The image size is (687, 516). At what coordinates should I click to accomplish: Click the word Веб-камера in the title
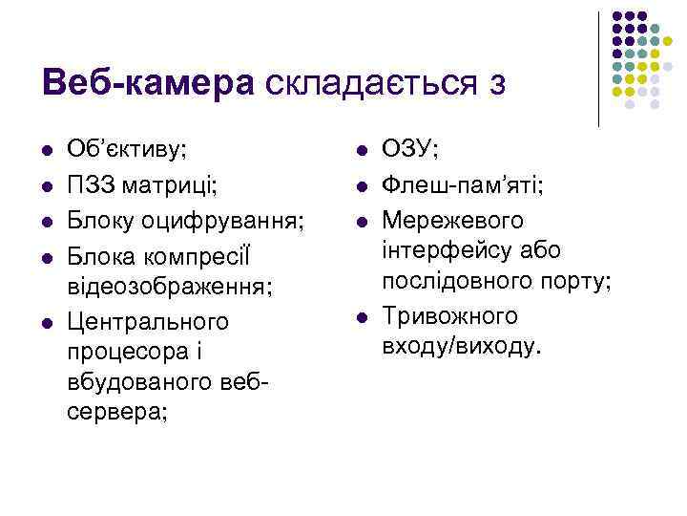(x=149, y=82)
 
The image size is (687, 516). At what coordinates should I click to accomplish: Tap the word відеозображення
(x=167, y=286)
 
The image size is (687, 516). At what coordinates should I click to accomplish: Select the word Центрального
(x=148, y=320)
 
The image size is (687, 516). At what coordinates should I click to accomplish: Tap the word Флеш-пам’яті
(x=461, y=183)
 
